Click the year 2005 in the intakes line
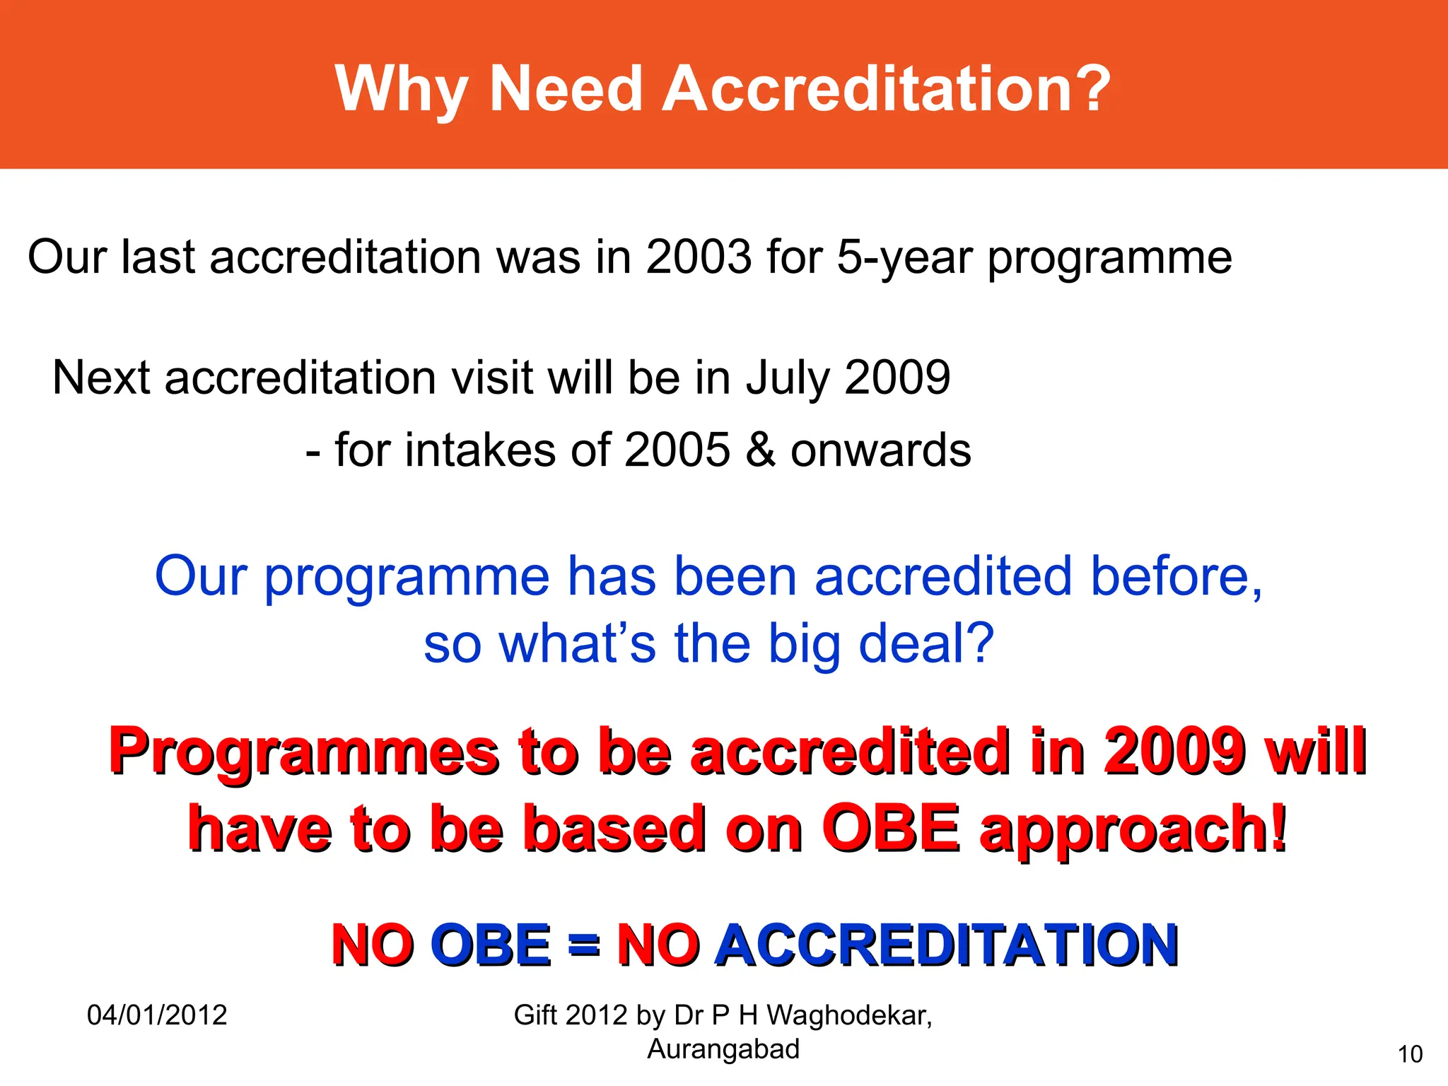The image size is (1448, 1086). [677, 450]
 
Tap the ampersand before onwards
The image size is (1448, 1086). [760, 450]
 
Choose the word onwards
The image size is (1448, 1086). [880, 450]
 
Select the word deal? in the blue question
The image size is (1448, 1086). [926, 643]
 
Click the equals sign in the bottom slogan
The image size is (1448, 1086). [584, 946]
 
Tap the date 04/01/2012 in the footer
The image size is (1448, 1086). [157, 1015]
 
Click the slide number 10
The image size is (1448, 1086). [1410, 1054]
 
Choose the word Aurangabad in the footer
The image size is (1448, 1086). [723, 1049]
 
